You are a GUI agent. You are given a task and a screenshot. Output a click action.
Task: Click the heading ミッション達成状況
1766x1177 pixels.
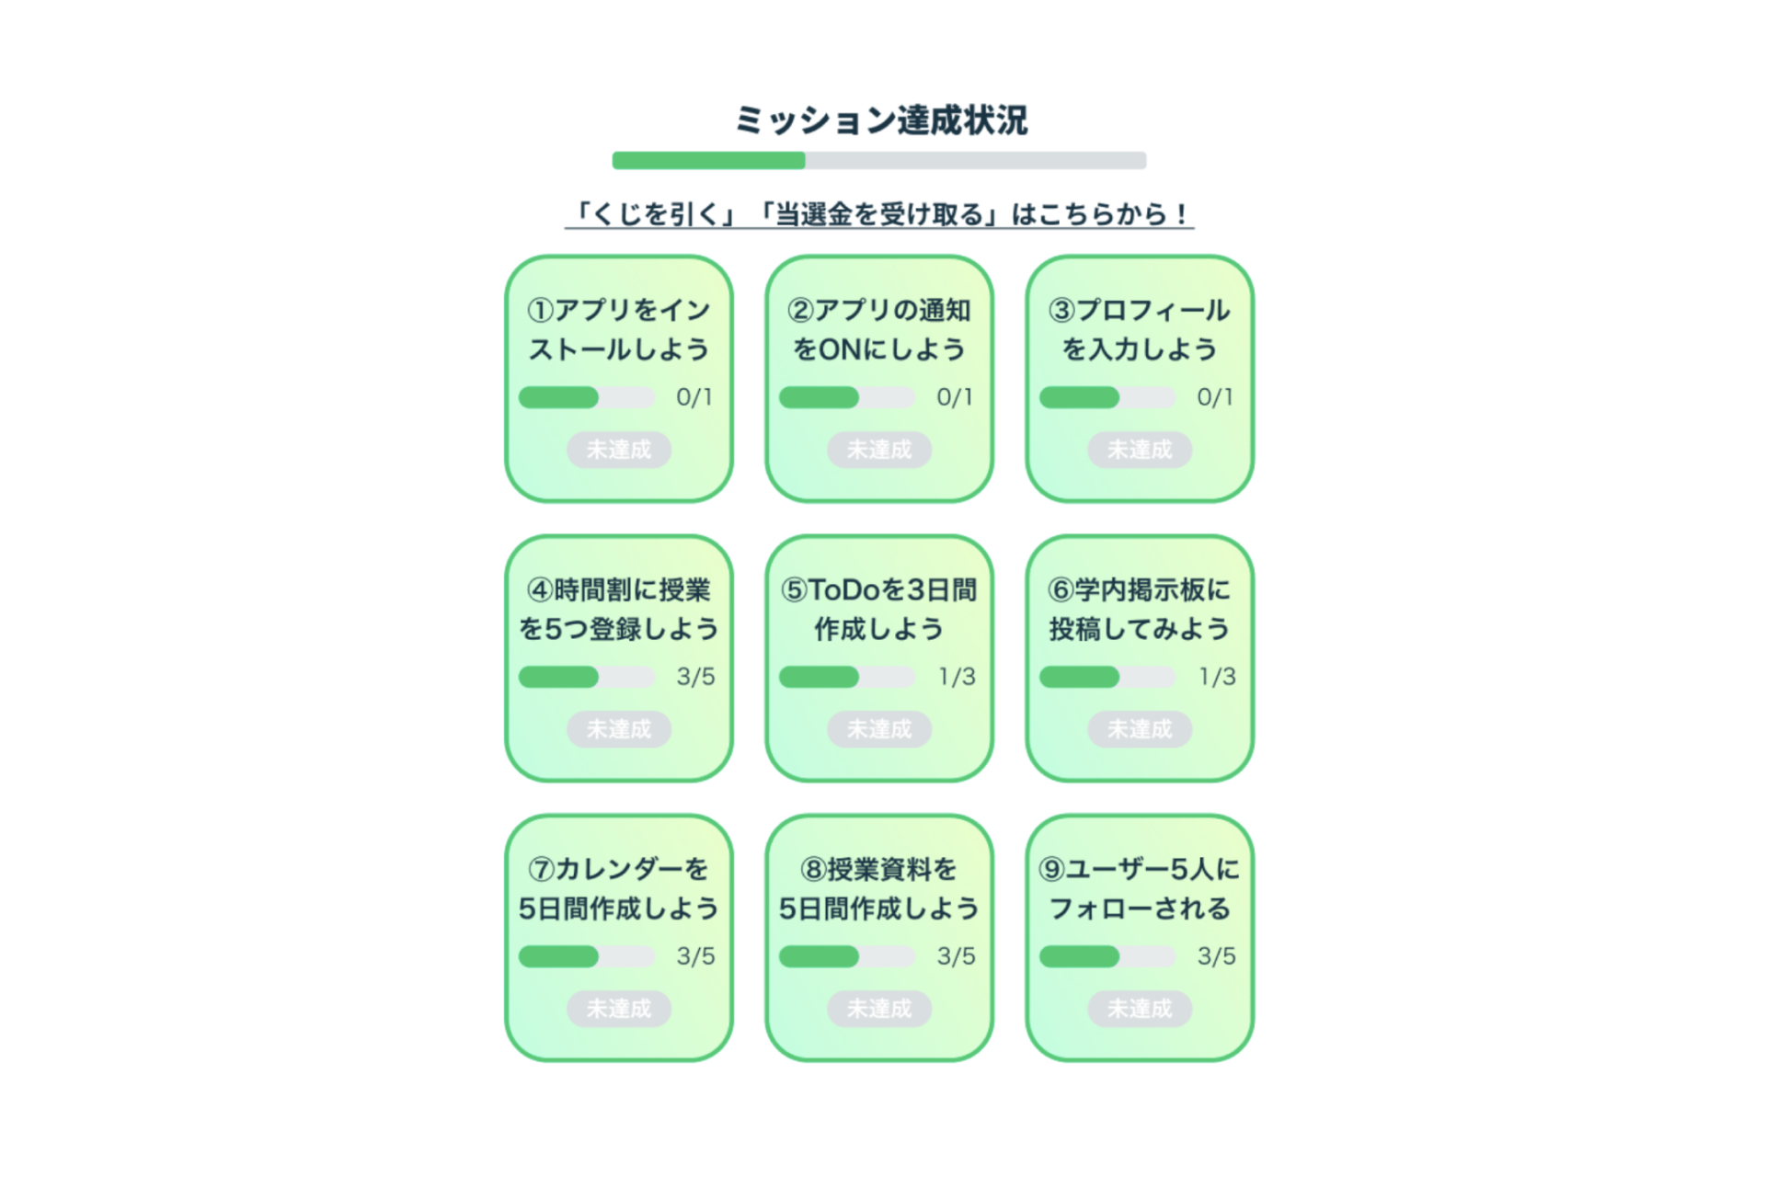(880, 120)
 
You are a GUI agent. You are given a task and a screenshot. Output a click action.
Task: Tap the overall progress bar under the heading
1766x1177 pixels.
(878, 161)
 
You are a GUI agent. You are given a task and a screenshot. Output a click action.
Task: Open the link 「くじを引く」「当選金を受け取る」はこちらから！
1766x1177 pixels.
(878, 214)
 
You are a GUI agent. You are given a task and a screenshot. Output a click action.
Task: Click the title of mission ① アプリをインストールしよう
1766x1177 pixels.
(618, 329)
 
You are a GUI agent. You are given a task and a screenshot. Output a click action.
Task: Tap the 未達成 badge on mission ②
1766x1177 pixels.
(878, 450)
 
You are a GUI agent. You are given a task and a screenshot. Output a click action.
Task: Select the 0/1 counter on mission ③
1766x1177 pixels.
(1214, 397)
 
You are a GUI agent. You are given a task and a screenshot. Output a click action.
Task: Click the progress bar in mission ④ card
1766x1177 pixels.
(586, 677)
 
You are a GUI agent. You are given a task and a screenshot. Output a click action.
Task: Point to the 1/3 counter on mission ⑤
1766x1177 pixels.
(956, 677)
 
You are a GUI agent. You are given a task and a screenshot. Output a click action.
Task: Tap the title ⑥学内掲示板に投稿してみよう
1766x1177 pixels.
(1139, 609)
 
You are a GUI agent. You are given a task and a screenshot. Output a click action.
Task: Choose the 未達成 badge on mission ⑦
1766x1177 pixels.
(618, 1009)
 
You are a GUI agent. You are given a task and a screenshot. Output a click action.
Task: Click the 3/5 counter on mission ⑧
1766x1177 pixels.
(956, 956)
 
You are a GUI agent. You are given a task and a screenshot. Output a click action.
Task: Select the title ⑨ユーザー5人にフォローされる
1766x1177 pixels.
(1139, 888)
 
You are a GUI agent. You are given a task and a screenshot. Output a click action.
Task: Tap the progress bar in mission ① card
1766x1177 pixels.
(586, 397)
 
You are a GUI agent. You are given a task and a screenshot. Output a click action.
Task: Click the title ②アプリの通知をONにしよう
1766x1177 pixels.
(878, 329)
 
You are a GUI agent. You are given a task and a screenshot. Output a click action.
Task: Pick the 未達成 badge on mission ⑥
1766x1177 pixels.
(1139, 729)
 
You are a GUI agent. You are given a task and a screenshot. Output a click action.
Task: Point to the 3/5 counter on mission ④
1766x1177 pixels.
(695, 677)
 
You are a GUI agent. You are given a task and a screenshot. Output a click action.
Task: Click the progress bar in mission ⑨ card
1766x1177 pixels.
(1107, 956)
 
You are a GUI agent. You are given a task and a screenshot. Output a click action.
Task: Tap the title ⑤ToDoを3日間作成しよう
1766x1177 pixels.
(878, 609)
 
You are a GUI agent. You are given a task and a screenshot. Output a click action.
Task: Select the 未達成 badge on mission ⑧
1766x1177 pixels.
(878, 1009)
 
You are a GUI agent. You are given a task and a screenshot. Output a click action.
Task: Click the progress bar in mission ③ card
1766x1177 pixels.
(1107, 397)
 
